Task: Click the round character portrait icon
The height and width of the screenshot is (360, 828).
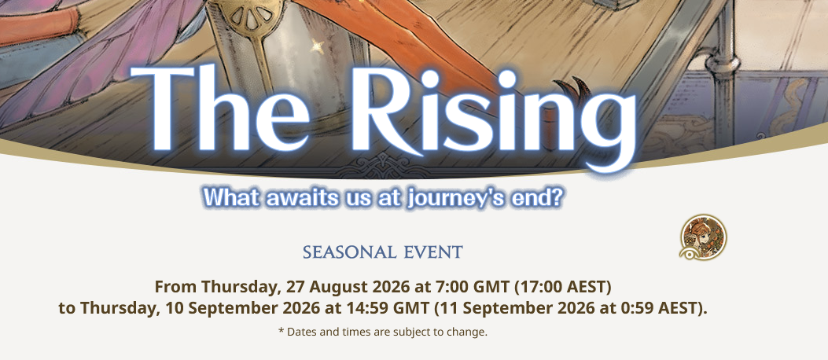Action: (x=703, y=237)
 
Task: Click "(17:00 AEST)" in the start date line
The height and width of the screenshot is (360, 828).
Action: (x=562, y=288)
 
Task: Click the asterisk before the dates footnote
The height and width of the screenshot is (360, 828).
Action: (x=282, y=331)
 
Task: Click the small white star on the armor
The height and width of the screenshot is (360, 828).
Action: (x=317, y=46)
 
